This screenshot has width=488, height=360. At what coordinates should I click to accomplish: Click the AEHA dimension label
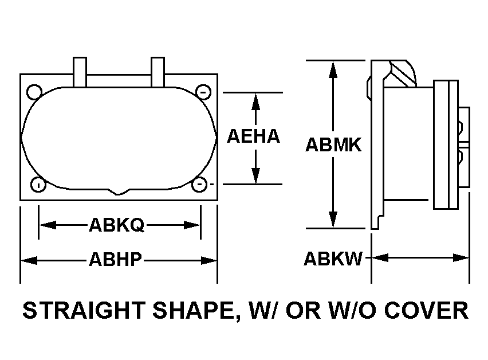(253, 136)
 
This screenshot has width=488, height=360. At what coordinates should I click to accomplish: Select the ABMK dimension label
(333, 145)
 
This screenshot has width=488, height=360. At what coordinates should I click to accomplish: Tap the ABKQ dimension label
(117, 225)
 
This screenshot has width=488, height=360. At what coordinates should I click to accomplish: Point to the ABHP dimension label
(116, 260)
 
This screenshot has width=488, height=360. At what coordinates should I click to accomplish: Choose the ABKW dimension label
(333, 259)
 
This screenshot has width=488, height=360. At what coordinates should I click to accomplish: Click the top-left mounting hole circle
(34, 92)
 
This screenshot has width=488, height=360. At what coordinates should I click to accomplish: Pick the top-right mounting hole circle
(203, 92)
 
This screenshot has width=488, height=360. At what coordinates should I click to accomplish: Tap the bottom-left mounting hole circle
(38, 185)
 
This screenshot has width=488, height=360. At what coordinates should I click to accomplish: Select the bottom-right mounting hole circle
(199, 185)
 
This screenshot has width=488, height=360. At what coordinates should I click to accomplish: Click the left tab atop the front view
(80, 72)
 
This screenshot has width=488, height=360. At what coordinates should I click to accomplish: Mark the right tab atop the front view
(158, 72)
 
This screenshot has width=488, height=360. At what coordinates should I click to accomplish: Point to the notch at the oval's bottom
(118, 191)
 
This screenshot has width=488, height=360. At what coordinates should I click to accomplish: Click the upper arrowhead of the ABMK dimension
(333, 69)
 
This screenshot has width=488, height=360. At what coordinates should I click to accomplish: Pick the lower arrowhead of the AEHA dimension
(255, 175)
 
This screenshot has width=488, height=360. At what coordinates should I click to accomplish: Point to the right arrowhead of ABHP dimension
(209, 260)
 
